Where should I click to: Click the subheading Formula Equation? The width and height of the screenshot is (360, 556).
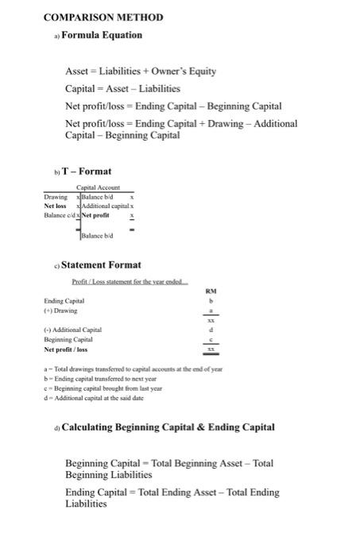click(x=102, y=35)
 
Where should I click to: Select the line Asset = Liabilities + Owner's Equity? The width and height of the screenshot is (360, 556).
click(x=141, y=71)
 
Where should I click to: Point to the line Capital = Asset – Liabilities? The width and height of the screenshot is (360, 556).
click(x=122, y=88)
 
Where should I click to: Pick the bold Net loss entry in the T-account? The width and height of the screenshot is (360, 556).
click(x=56, y=205)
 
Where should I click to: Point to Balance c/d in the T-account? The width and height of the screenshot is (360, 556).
click(x=58, y=214)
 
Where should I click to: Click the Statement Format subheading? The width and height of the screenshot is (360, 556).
click(x=107, y=264)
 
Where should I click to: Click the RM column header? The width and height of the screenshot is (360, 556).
click(x=211, y=292)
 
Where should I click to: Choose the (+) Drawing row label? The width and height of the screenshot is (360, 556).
click(x=60, y=311)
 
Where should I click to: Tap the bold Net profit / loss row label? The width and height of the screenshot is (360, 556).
click(x=66, y=349)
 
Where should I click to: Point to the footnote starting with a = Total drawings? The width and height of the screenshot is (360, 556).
click(x=133, y=369)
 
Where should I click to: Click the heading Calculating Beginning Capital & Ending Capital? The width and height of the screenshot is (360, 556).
click(x=168, y=427)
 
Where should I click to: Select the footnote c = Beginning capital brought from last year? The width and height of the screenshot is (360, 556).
click(x=104, y=388)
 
